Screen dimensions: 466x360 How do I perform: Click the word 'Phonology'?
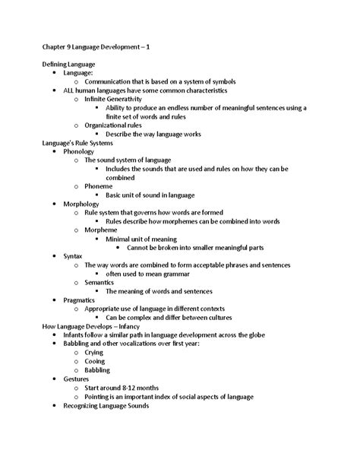78,151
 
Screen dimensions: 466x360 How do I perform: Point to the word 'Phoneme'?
98,186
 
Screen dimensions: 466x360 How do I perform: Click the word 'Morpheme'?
101,230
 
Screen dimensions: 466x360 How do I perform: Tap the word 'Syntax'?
73,256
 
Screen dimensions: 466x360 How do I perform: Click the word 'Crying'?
95,352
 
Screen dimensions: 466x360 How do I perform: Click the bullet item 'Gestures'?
77,378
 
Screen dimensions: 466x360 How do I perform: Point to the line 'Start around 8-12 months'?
126,387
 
